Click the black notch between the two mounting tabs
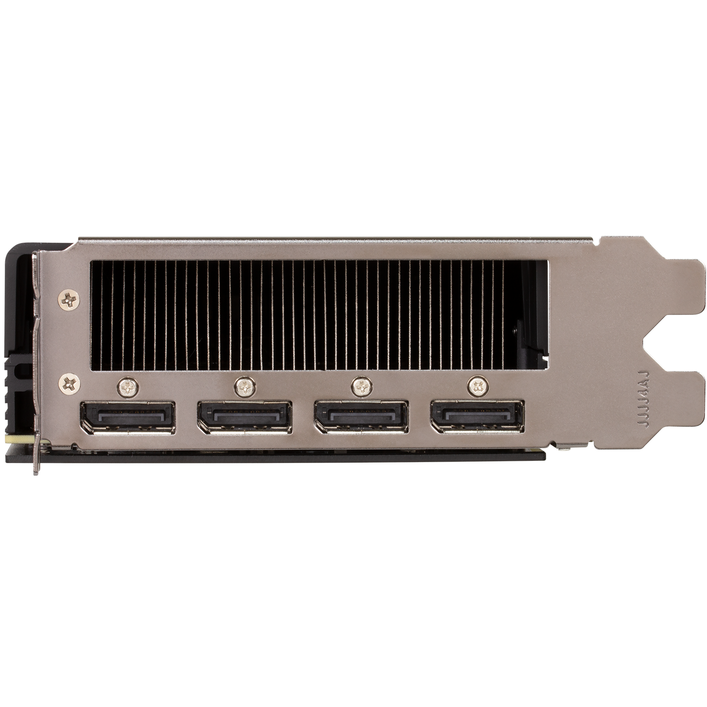pos(676,345)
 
